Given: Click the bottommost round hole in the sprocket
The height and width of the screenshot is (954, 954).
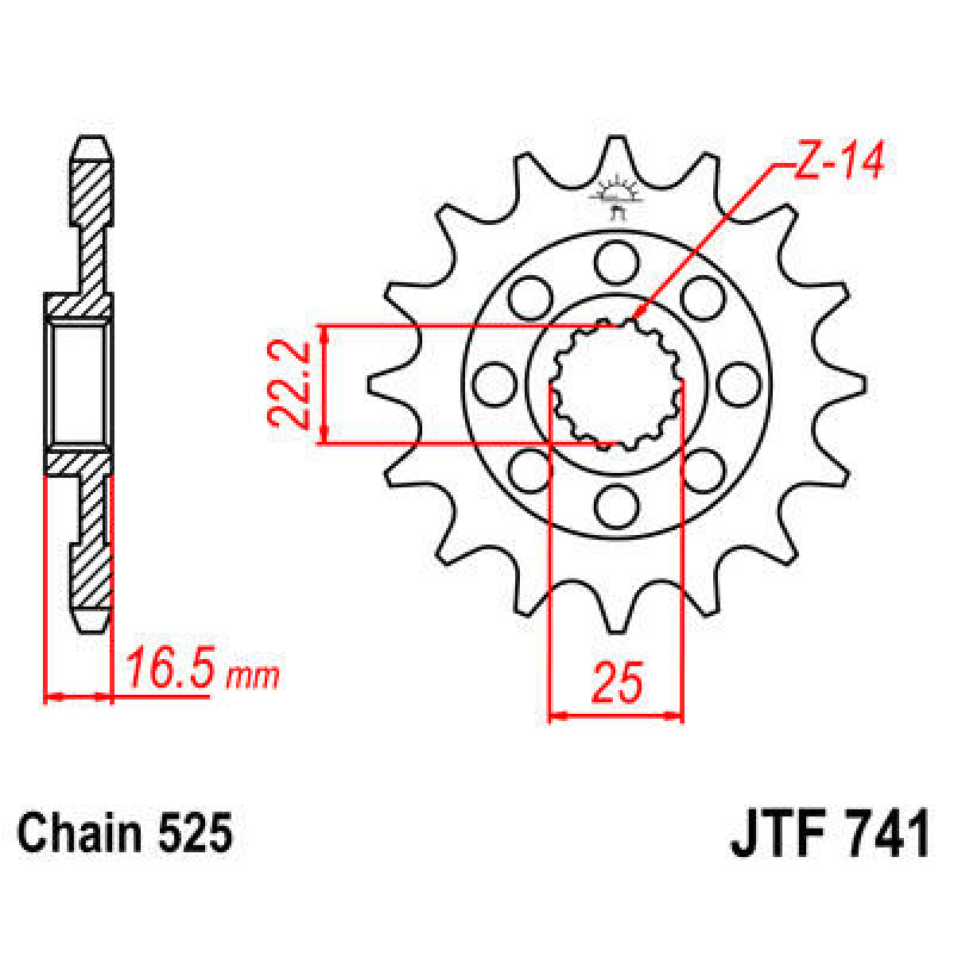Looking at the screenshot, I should (617, 506).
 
